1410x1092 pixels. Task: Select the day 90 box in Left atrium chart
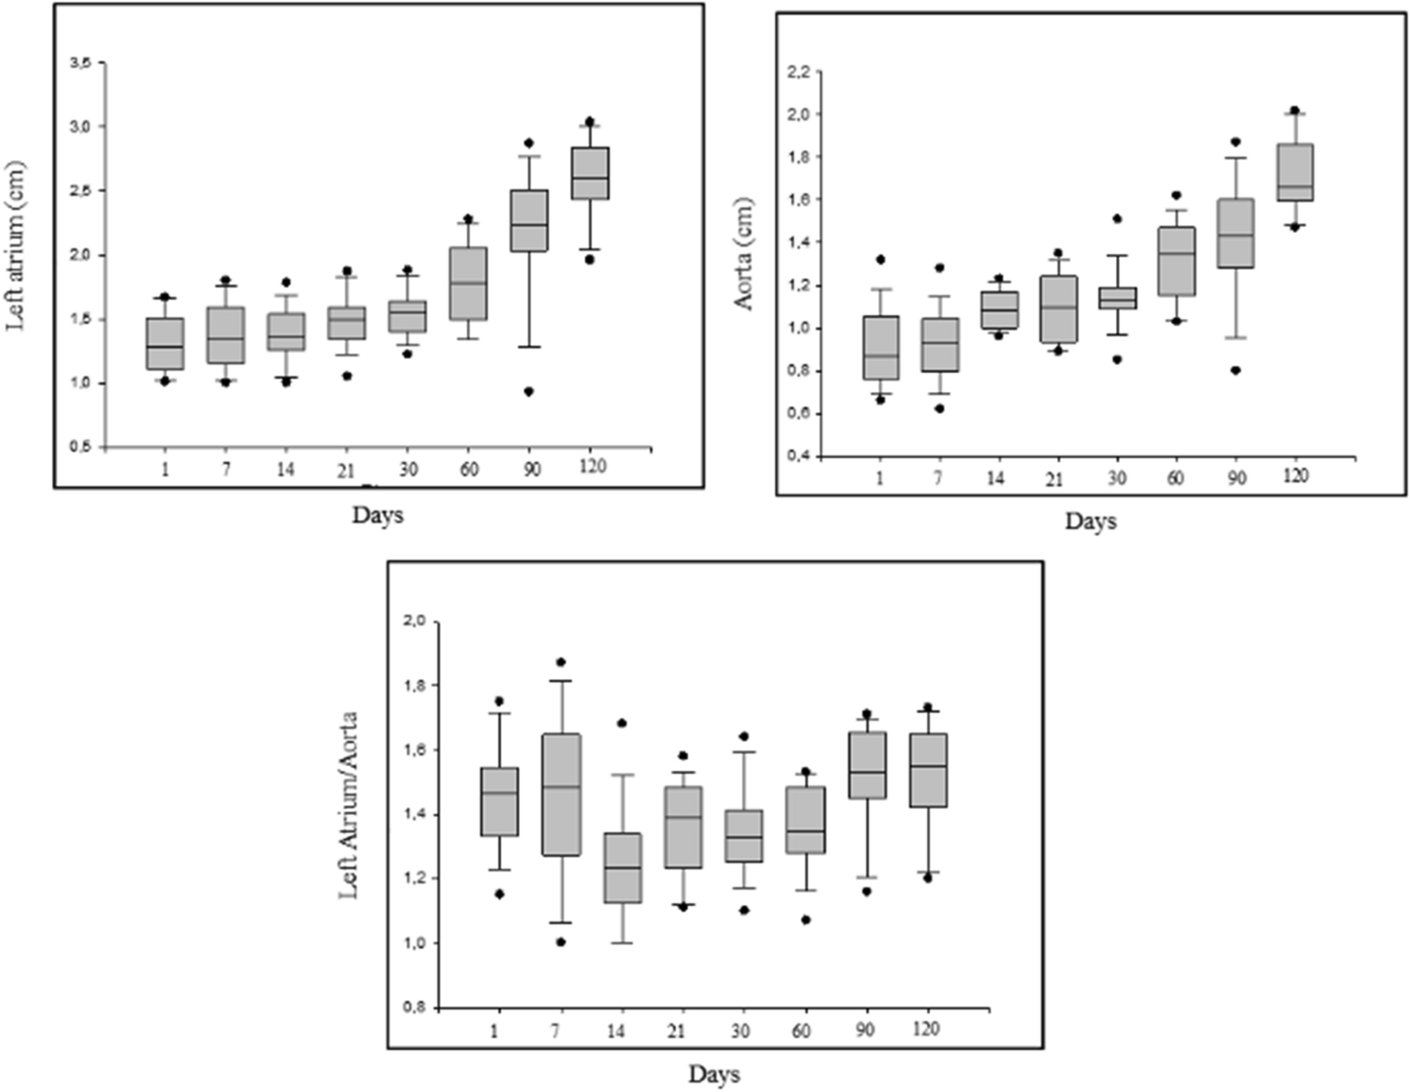(529, 221)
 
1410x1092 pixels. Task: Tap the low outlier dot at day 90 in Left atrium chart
(529, 391)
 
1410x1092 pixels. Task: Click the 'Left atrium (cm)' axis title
(16, 247)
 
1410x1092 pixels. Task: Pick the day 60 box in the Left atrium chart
(469, 283)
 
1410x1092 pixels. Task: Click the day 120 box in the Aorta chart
(1294, 172)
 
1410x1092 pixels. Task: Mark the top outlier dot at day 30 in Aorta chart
(1117, 218)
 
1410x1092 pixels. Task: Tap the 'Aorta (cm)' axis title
(744, 260)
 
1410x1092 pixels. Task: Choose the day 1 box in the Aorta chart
(881, 348)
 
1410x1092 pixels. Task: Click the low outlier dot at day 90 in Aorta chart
(1235, 370)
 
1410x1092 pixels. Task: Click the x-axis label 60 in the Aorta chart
(1174, 477)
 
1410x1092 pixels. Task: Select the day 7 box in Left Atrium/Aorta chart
(561, 795)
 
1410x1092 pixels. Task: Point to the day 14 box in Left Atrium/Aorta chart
(622, 868)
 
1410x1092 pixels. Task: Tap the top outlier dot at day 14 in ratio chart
(622, 723)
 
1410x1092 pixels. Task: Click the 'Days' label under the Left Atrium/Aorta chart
(715, 1074)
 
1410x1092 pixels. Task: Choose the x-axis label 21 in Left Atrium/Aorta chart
(675, 1031)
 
